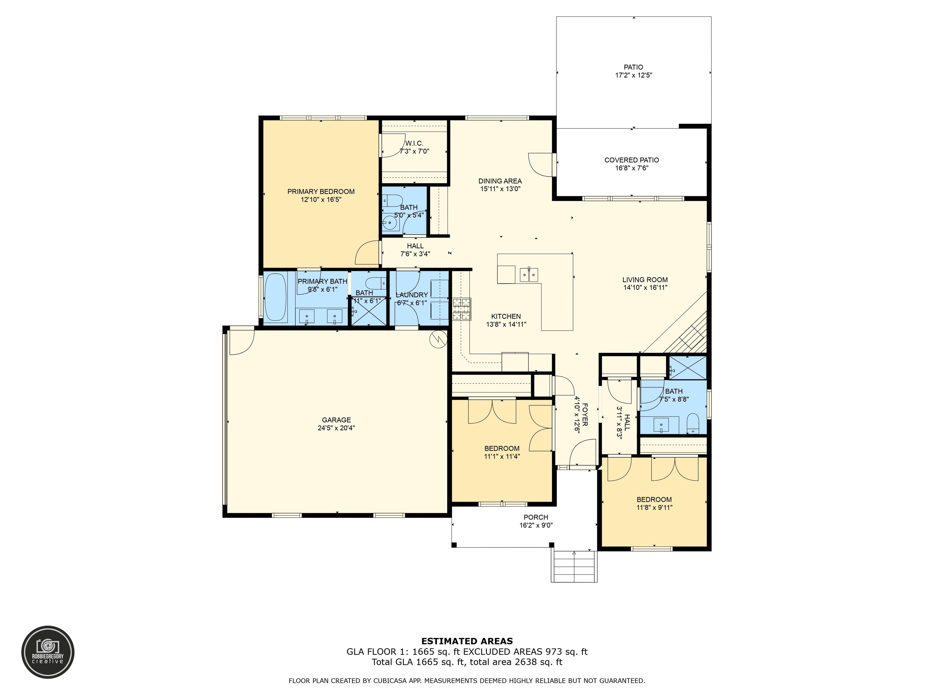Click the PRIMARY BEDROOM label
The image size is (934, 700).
321,192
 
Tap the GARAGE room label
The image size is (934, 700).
337,420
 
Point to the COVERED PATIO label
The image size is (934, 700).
632,160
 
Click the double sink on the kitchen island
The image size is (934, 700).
529,275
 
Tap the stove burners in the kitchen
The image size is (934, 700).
462,309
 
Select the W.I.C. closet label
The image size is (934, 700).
414,143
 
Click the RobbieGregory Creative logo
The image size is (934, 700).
48,652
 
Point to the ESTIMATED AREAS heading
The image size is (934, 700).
467,641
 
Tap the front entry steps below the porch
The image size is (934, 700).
574,566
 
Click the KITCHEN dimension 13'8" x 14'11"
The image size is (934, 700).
506,324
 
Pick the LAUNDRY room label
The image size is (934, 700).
412,295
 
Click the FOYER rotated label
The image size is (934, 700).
585,414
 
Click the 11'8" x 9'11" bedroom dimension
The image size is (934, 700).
655,508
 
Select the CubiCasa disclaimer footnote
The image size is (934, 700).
467,681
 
